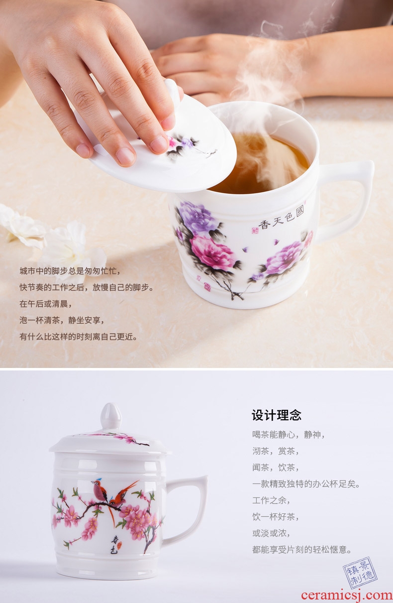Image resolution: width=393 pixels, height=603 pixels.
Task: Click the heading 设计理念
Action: [276, 415]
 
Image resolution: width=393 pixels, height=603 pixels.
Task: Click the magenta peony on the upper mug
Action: [212, 253]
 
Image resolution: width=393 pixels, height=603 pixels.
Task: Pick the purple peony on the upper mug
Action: [197, 217]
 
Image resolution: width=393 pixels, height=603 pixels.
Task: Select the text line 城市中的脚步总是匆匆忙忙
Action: [70, 271]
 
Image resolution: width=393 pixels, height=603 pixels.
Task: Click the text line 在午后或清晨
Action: [45, 304]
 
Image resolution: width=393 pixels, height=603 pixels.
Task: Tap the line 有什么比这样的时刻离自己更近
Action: [78, 337]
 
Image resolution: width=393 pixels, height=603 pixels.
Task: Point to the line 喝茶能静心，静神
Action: [288, 435]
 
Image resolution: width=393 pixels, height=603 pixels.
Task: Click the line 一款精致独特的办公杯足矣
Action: [306, 484]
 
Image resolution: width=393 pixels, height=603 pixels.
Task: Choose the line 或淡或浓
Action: [271, 533]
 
